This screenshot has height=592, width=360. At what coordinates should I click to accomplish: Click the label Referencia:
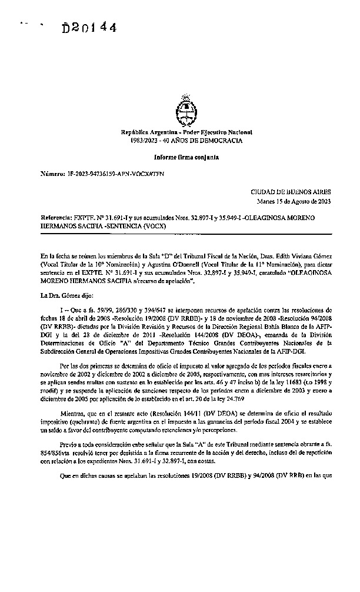(55, 217)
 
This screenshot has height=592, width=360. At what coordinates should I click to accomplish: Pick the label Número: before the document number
(52, 175)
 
